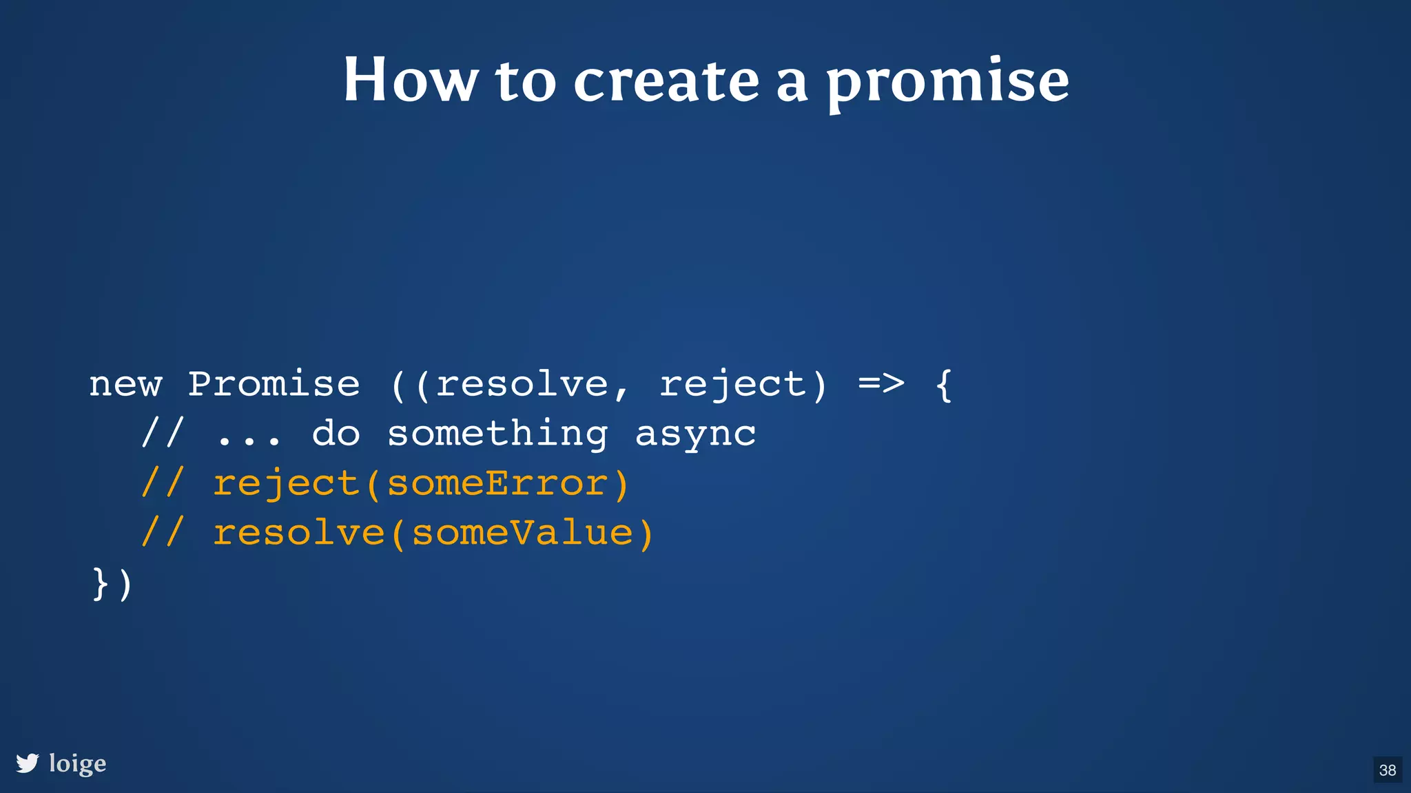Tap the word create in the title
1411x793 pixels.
666,81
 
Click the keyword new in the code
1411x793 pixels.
125,385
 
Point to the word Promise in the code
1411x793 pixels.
274,383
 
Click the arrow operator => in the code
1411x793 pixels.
881,383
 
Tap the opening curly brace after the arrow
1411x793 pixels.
944,385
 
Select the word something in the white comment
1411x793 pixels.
497,434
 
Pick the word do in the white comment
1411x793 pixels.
336,434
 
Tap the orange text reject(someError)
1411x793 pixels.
420,483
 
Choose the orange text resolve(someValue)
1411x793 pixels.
433,533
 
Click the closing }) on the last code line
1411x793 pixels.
112,584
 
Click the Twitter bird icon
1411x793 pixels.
28,763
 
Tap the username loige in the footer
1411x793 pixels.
78,763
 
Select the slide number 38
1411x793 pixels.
1388,770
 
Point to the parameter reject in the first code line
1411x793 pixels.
732,385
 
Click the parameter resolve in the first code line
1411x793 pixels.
522,384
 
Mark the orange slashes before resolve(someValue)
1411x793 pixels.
163,533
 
